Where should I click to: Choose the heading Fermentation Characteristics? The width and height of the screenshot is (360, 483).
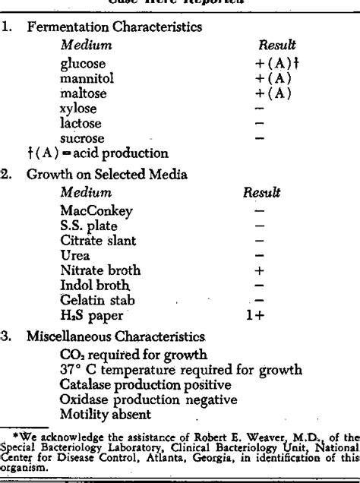(x=115, y=27)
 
